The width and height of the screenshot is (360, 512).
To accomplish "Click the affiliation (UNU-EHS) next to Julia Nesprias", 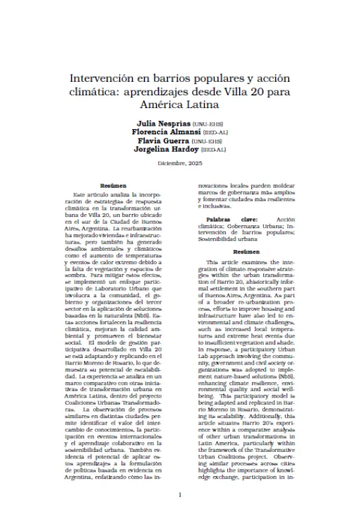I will (203, 124).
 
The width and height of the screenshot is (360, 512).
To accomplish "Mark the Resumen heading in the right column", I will (246, 251).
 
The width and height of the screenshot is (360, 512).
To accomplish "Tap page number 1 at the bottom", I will (180, 494).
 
